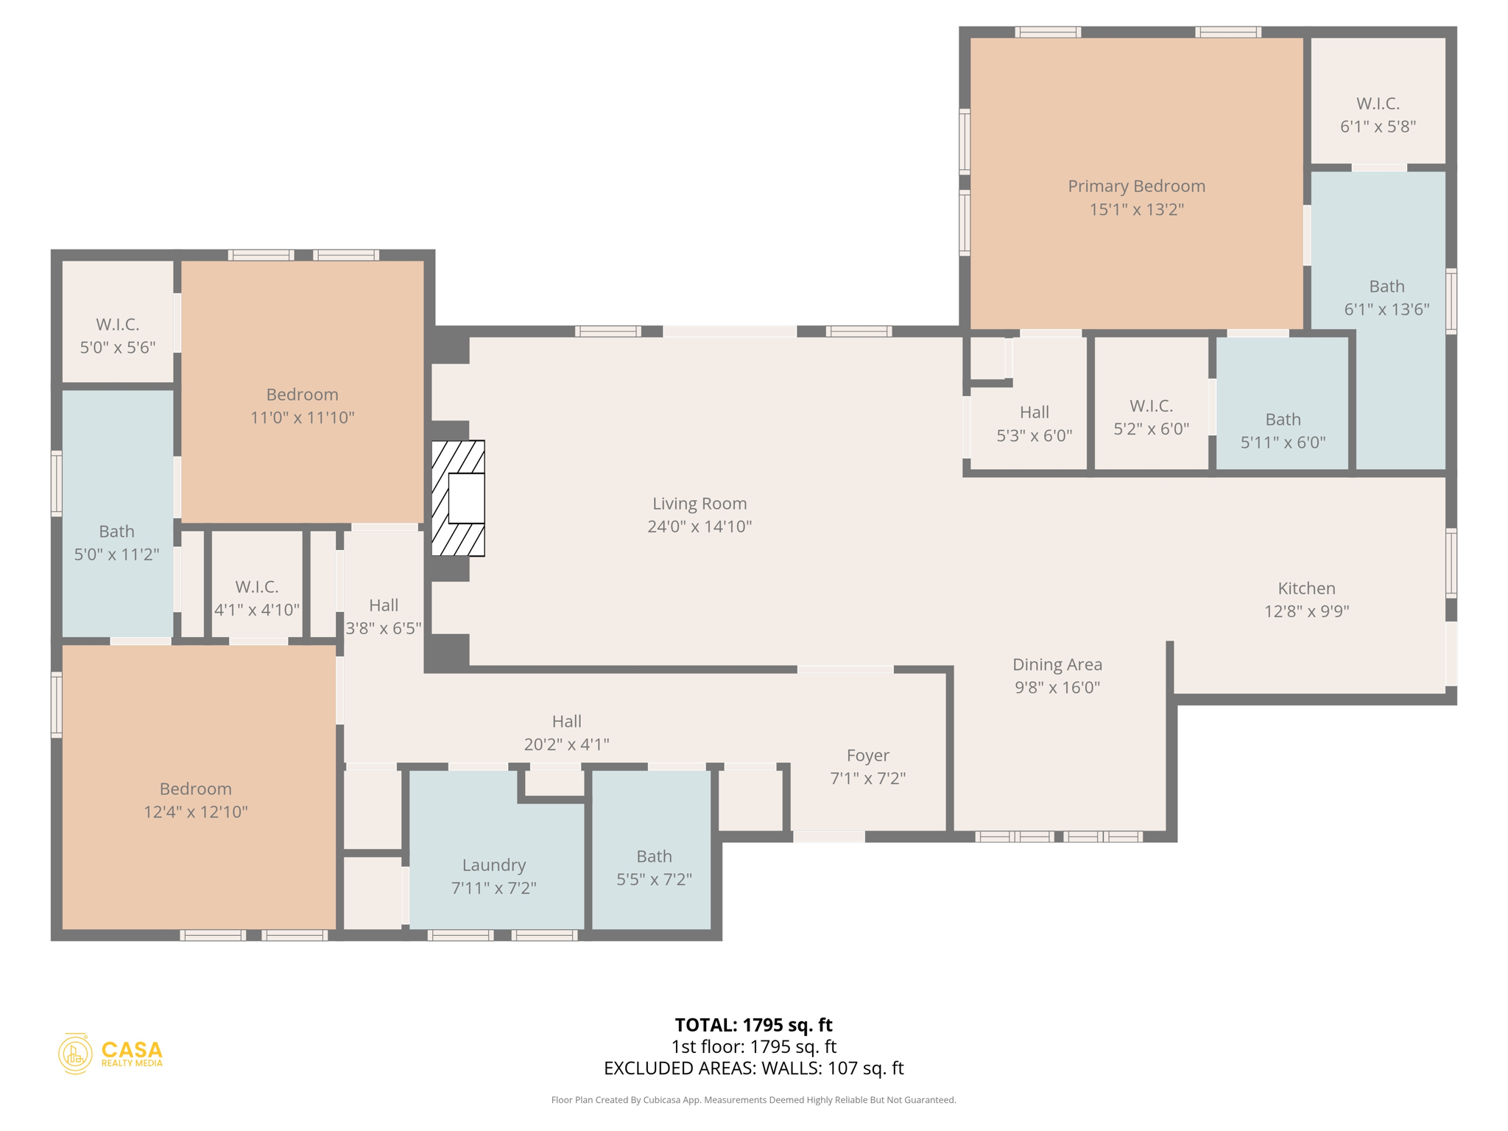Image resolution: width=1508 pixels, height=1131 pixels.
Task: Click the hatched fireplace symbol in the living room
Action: (457, 498)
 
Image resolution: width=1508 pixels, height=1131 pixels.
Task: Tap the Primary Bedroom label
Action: (1136, 186)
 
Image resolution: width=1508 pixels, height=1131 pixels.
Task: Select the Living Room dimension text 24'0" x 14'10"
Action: (699, 526)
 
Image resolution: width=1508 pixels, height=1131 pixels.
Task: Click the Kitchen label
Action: (1306, 588)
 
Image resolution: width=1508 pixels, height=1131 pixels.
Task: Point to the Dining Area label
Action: (1057, 664)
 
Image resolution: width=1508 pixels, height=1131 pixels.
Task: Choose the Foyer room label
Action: (867, 755)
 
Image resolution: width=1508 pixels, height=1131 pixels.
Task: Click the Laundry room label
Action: (493, 865)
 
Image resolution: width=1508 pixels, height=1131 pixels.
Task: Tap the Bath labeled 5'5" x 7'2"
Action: (654, 867)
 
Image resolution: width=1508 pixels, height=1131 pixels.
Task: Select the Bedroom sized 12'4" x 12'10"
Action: (195, 800)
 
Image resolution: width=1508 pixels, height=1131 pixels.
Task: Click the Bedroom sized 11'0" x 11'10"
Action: (302, 406)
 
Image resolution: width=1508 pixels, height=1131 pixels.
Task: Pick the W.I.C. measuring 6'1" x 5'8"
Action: (1377, 115)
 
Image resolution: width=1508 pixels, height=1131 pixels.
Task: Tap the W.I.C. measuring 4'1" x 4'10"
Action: (256, 598)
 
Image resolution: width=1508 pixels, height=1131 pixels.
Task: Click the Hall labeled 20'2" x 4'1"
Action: (566, 733)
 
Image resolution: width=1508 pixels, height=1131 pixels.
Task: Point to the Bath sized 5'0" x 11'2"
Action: (116, 543)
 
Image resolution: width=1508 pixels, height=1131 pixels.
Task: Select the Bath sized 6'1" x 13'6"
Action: (1387, 297)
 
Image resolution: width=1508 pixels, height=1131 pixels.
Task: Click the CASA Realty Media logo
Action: (110, 1053)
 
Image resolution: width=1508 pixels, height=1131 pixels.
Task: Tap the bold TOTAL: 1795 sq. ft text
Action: (753, 1025)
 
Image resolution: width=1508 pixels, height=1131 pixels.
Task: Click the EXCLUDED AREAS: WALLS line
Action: (753, 1068)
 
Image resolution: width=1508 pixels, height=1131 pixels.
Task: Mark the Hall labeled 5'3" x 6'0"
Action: (1034, 423)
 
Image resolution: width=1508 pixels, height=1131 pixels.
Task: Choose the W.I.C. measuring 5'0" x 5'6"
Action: (117, 336)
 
